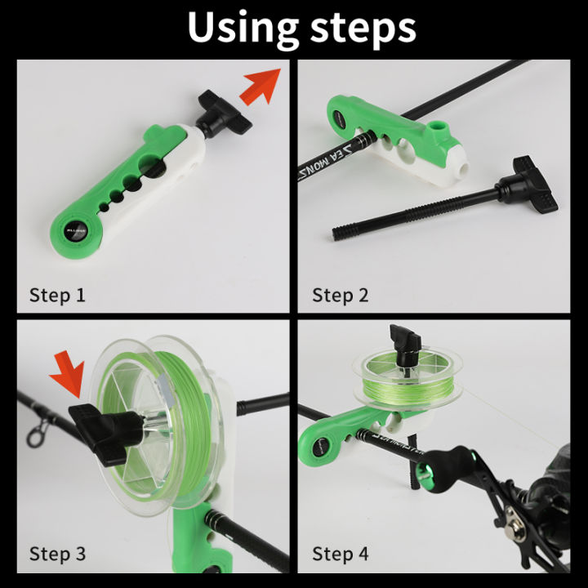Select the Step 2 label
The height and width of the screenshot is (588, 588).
[x=340, y=295]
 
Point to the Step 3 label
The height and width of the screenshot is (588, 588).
[x=57, y=554]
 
